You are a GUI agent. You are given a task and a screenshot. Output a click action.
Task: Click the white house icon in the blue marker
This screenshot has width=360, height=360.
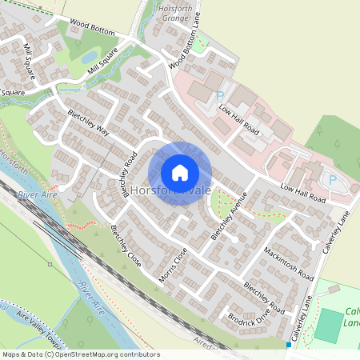click(180, 173)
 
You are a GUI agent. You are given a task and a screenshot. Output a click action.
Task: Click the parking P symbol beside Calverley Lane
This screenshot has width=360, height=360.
click(332, 180)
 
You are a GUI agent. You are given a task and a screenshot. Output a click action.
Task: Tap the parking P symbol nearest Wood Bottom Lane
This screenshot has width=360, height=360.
click(220, 94)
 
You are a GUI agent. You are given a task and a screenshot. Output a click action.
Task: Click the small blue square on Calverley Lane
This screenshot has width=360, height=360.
click(289, 344)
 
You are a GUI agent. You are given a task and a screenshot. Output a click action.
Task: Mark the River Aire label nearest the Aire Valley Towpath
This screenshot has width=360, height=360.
click(93, 295)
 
